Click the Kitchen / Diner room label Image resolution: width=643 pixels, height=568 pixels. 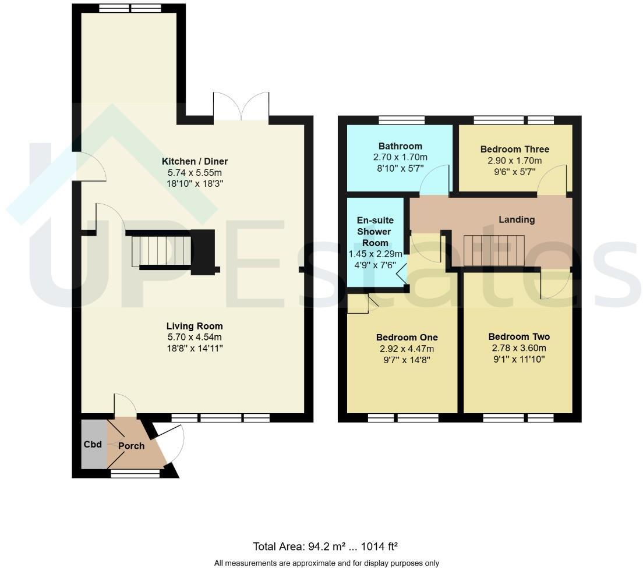click(195, 161)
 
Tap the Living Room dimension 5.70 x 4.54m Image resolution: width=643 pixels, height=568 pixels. click(195, 337)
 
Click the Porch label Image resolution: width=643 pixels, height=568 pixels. click(131, 446)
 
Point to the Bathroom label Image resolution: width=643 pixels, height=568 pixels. click(400, 146)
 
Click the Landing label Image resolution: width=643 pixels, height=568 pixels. click(517, 219)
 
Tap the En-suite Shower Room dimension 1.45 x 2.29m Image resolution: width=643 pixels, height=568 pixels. click(376, 254)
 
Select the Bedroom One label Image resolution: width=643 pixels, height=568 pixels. click(407, 338)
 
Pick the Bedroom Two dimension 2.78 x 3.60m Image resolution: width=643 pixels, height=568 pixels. click(518, 348)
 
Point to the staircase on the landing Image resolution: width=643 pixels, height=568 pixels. click(495, 250)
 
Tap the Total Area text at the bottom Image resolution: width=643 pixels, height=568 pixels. click(325, 546)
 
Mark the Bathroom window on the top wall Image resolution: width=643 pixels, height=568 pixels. click(401, 120)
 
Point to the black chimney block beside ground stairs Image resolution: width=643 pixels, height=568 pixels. click(204, 251)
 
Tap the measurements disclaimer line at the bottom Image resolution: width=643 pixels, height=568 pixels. click(326, 563)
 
